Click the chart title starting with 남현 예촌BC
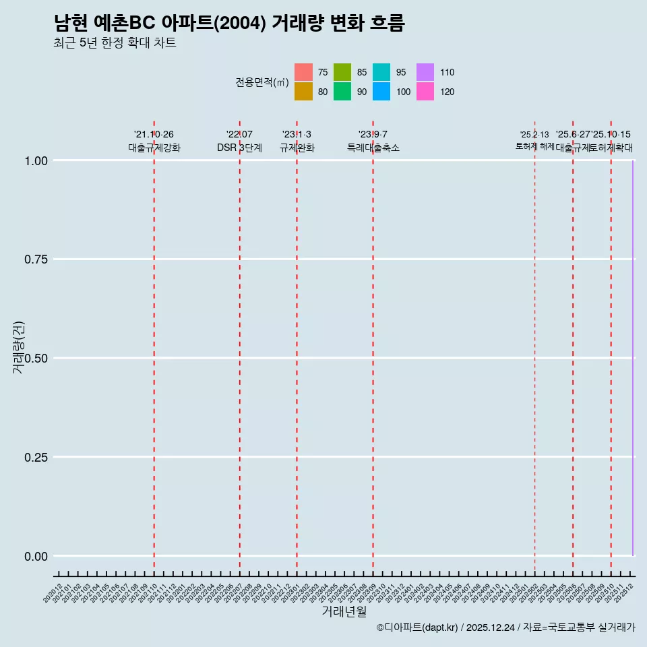tap(229, 24)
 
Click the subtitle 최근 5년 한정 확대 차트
tap(115, 43)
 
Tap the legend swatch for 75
tap(304, 72)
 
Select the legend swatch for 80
tap(304, 92)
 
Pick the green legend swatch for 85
tap(342, 72)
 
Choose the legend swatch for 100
tap(381, 92)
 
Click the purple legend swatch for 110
tap(425, 72)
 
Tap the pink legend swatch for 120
tap(425, 92)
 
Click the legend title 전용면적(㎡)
tap(262, 82)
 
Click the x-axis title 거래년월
tap(344, 612)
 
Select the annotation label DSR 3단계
tap(239, 148)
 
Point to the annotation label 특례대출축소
tap(373, 148)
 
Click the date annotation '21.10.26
tap(154, 135)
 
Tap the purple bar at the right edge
tap(633, 357)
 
